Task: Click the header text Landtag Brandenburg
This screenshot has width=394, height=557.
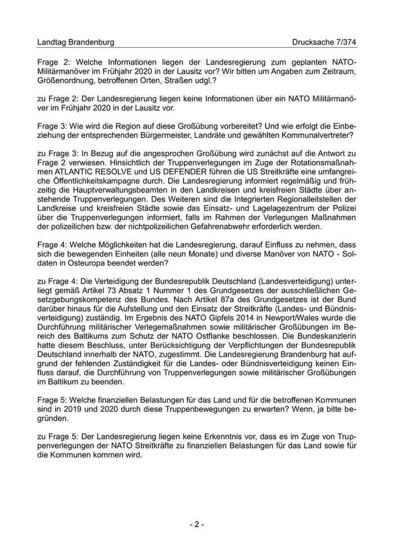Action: click(75, 42)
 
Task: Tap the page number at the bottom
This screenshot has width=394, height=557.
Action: click(196, 524)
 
